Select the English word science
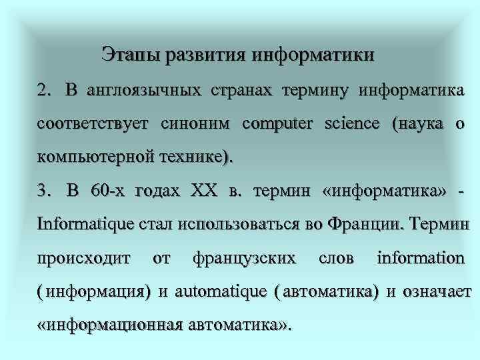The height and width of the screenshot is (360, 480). coord(350,124)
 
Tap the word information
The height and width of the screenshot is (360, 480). coord(421,258)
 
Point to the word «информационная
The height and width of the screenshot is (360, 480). coord(111,325)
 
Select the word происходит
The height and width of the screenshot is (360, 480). coord(84,258)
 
